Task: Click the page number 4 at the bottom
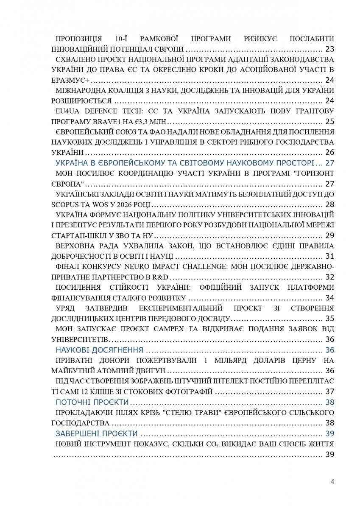click(332, 481)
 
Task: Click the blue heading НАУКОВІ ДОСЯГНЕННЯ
click(99, 350)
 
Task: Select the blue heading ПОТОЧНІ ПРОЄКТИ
click(92, 402)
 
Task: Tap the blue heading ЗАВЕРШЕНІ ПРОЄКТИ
click(97, 433)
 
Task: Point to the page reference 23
click(329, 48)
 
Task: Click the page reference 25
click(329, 121)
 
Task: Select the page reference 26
click(329, 152)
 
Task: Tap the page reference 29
click(329, 235)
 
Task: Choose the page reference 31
click(329, 256)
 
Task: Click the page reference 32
click(329, 277)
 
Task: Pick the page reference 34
click(329, 298)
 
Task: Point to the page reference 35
click(329, 318)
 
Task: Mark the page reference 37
click(329, 391)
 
